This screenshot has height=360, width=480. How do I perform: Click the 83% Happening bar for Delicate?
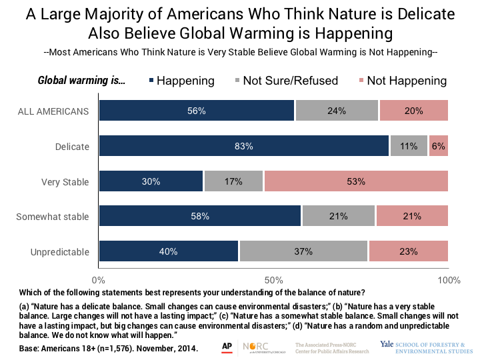[244, 145]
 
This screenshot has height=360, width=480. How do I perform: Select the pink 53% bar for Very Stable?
[356, 181]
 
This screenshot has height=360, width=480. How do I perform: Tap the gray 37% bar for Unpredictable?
[303, 251]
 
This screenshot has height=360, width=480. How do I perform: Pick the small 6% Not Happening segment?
[438, 145]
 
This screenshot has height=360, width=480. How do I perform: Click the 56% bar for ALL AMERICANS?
[197, 111]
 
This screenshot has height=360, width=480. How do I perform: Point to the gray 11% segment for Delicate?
[408, 145]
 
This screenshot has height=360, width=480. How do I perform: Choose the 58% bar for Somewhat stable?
[200, 216]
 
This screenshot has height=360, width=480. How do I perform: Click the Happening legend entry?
[180, 81]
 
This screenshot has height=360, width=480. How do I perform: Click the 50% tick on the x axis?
[273, 280]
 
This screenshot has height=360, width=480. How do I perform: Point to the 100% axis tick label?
[448, 280]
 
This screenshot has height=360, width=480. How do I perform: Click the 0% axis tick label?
[99, 280]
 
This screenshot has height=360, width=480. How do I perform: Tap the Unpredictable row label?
[59, 251]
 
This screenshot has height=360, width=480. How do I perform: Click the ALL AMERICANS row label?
[53, 111]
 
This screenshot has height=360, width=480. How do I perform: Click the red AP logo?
[227, 347]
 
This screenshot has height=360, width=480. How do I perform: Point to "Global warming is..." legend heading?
[82, 81]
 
